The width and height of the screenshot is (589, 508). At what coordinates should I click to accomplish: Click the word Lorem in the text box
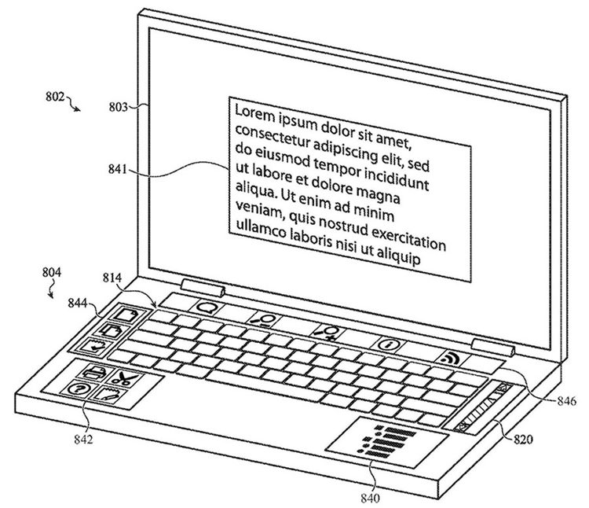pos(254,112)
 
